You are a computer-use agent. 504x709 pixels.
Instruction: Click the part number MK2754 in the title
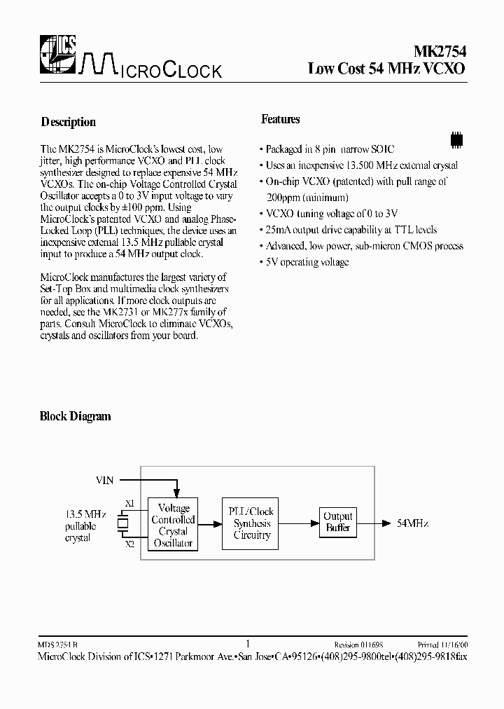pos(437,52)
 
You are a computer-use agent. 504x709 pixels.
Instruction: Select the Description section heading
pos(68,122)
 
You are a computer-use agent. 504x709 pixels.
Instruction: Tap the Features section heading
pos(280,119)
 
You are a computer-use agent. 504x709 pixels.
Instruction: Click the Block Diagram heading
pos(75,416)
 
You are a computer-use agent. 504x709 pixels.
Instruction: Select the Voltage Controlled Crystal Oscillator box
pos(173,525)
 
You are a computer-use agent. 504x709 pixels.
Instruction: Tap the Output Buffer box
pos(337,523)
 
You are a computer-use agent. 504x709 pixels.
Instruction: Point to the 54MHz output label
pos(412,523)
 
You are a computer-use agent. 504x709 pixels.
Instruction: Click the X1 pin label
pos(129,504)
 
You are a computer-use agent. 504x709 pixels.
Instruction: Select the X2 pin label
pos(129,544)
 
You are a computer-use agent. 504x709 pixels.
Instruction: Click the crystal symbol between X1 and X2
pos(122,523)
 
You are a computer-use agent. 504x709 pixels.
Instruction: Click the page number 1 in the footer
pos(248,642)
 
